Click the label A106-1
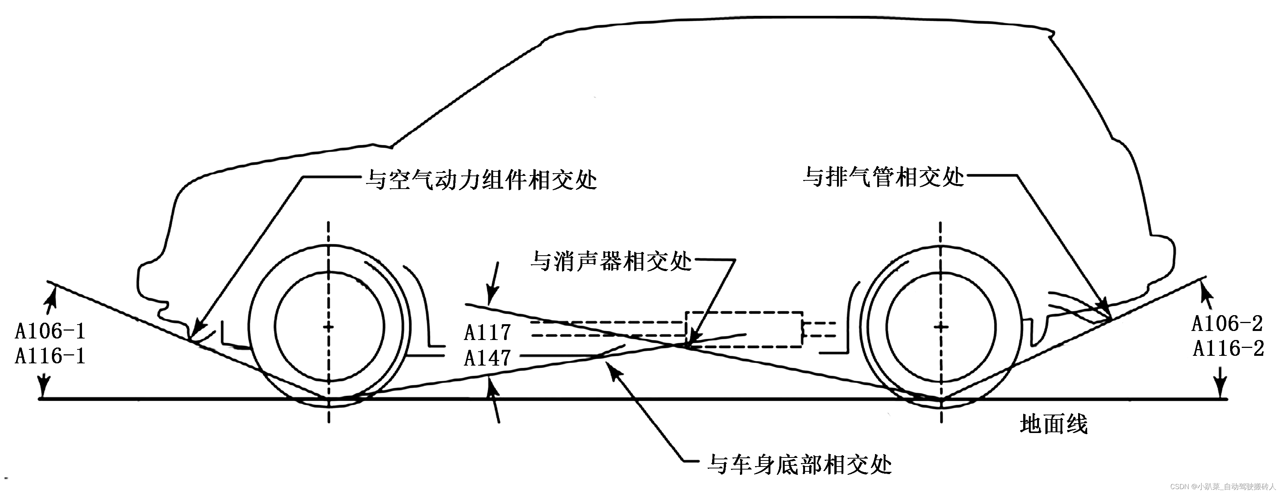tap(50, 331)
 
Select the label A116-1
tap(50, 356)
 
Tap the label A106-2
tap(1227, 324)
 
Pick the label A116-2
tap(1228, 349)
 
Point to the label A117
tap(487, 332)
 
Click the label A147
tap(487, 358)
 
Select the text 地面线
tap(1054, 425)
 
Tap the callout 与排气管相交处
tap(883, 177)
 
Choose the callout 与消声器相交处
tap(611, 261)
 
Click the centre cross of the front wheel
tap(328, 327)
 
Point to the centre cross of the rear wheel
tap(940, 327)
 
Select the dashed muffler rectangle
tap(744, 329)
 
